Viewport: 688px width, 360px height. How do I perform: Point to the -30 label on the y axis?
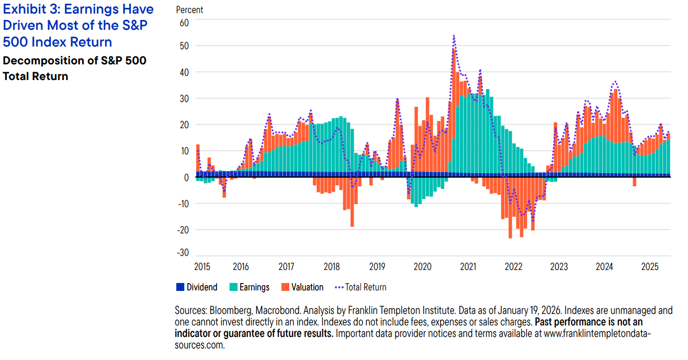pyautogui.click(x=183, y=253)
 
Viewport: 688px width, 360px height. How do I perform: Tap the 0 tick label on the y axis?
pyautogui.click(x=186, y=177)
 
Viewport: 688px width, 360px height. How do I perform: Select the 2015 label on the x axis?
pyautogui.click(x=202, y=267)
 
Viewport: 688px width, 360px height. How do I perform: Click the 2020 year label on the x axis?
pyautogui.click(x=422, y=267)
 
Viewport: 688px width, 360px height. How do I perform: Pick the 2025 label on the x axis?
pyautogui.click(x=649, y=267)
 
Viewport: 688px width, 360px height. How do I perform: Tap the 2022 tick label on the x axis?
pyautogui.click(x=513, y=267)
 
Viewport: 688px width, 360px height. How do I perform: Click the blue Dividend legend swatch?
pyautogui.click(x=181, y=287)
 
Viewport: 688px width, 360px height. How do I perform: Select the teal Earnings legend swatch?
pyautogui.click(x=233, y=287)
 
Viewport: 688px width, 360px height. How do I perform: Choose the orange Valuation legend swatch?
pyautogui.click(x=285, y=287)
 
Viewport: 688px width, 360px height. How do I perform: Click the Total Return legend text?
pyautogui.click(x=366, y=287)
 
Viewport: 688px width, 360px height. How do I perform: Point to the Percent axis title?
pyautogui.click(x=189, y=10)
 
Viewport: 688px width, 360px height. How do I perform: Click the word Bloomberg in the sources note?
pyautogui.click(x=227, y=311)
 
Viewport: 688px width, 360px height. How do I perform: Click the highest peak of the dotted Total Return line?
pyautogui.click(x=454, y=36)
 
